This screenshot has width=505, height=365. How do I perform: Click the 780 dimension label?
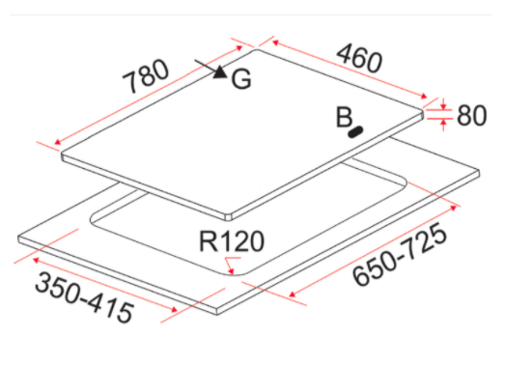point(146,76)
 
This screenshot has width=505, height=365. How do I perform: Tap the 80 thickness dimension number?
point(471,115)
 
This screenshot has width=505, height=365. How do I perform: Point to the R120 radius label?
point(232,241)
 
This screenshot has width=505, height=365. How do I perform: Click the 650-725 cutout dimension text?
point(400,254)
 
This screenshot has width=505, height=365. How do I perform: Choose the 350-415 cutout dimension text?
point(84,296)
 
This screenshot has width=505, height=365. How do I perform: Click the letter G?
point(241,79)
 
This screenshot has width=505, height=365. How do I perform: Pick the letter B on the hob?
point(344,117)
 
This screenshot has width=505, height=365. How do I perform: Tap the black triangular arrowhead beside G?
point(220,72)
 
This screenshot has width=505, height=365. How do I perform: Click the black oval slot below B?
point(355,131)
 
